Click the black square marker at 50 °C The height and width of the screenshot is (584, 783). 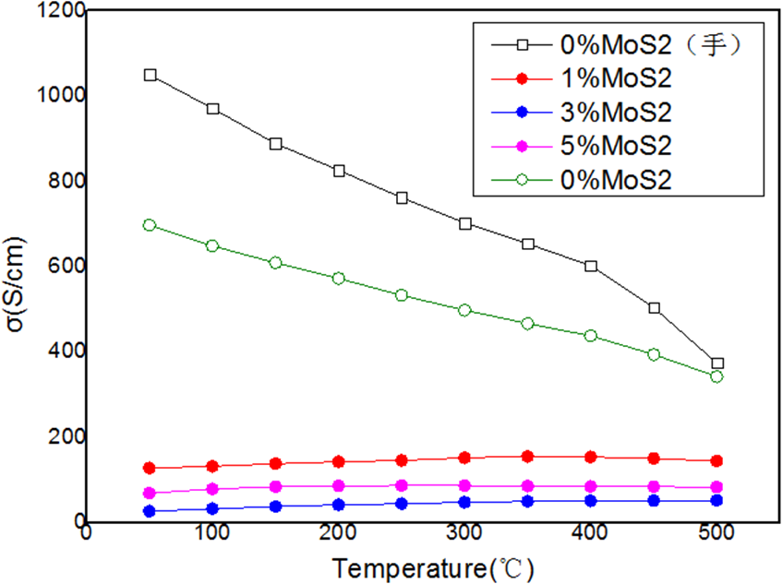[151, 75]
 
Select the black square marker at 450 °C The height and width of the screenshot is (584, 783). [655, 308]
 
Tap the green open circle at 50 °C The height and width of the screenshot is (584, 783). [150, 225]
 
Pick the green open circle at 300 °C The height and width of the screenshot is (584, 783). [465, 310]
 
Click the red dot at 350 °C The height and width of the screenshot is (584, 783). [528, 456]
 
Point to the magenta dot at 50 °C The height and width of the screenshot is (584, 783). [150, 493]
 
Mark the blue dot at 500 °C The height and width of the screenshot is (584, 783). [717, 500]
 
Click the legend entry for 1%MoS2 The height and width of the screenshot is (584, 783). [613, 77]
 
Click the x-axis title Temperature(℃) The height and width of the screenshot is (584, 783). [433, 565]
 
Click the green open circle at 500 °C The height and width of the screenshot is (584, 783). [717, 376]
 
